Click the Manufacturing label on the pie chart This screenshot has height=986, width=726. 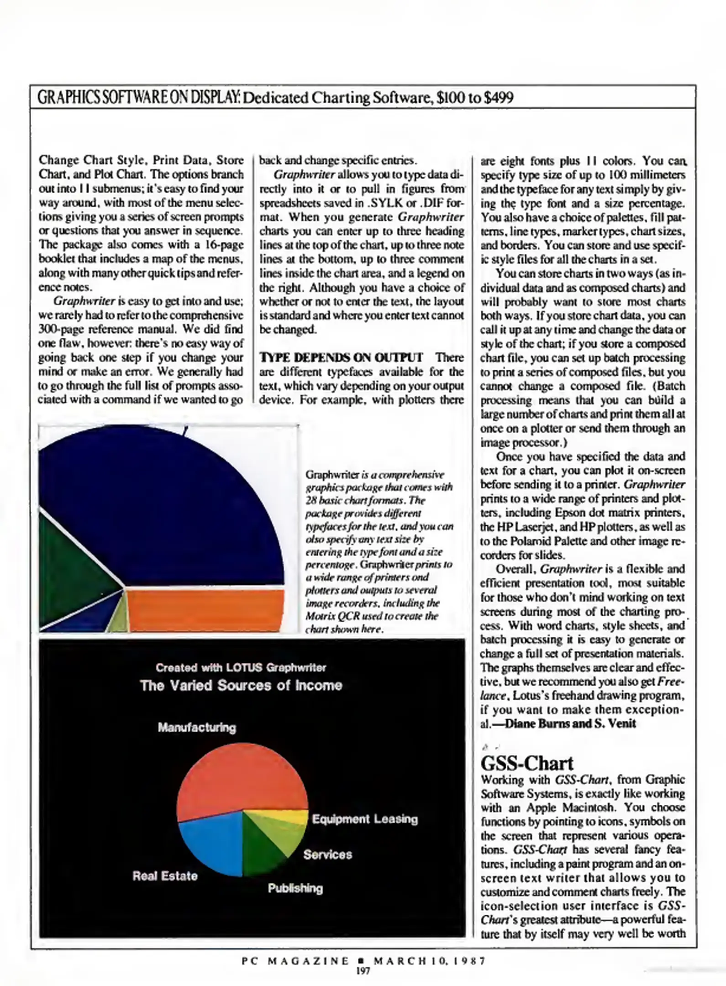pos(197,728)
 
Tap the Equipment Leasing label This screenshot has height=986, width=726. pos(365,819)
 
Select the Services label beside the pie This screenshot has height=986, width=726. pos(327,854)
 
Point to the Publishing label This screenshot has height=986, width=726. pos(295,888)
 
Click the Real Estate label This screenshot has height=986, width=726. pos(165,876)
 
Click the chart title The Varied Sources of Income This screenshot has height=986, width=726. pos(241,686)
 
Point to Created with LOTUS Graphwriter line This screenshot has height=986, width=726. pos(241,667)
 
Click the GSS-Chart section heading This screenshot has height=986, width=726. pos(526,763)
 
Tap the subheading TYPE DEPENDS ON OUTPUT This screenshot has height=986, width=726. pos(341,357)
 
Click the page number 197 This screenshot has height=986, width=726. pos(363,971)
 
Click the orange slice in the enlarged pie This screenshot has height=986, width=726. pos(205,610)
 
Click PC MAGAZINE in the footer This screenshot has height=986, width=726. pos(295,961)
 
